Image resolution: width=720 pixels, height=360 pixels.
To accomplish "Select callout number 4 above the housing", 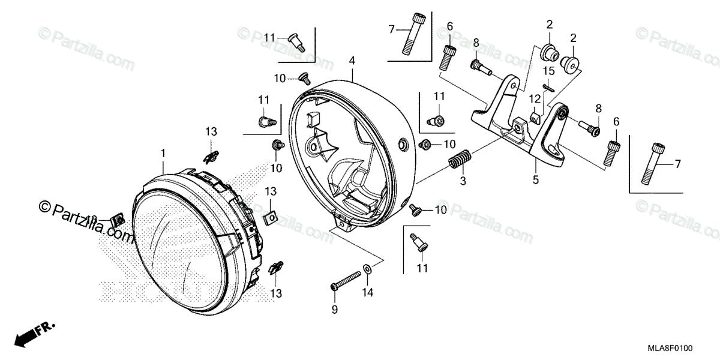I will pos(352,61).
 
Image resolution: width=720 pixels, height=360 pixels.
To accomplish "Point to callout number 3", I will pos(463,181).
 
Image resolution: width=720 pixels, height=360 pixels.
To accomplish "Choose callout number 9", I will pos(335,310).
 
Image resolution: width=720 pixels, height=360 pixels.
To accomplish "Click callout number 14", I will pos(368,292).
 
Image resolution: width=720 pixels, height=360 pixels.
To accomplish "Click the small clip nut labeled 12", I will pos(536,115).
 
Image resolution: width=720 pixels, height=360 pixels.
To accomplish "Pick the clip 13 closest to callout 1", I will pos(209,157).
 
